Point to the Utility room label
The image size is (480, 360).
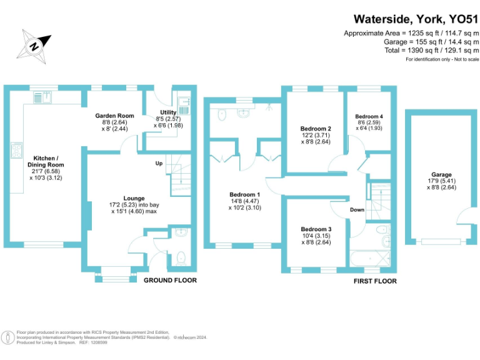168,112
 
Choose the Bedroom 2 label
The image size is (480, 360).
316,129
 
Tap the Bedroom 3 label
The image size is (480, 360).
316,229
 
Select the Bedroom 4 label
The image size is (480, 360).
369,116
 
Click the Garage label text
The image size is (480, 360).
441,175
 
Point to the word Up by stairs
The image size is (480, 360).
160,164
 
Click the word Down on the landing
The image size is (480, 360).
357,210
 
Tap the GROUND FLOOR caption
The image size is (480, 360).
170,280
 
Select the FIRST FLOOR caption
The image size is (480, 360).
374,281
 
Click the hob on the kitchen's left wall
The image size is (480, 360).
13,151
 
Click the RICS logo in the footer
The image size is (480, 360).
8,338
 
